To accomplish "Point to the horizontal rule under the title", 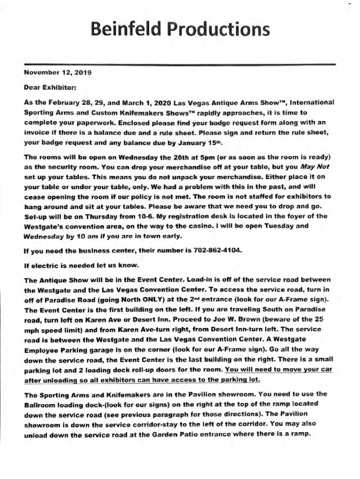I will click(180, 64).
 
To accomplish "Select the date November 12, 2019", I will click(58, 73).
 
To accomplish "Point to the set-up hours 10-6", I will click(130, 216).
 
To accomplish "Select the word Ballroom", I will click(41, 404).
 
